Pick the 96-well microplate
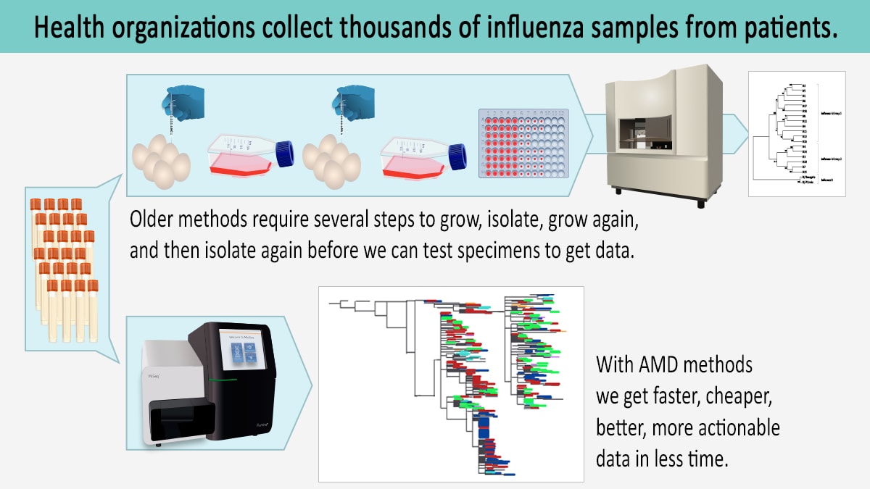(x=525, y=145)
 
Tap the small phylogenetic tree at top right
(x=796, y=133)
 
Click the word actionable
(x=739, y=427)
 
